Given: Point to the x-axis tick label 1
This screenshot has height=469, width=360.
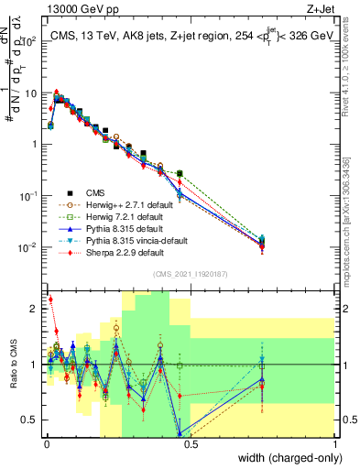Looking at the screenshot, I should pyautogui.click(x=334, y=444).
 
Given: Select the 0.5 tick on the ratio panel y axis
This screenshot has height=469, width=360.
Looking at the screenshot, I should pyautogui.click(x=30, y=420).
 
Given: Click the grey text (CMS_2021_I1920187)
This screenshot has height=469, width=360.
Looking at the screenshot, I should pyautogui.click(x=190, y=273).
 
